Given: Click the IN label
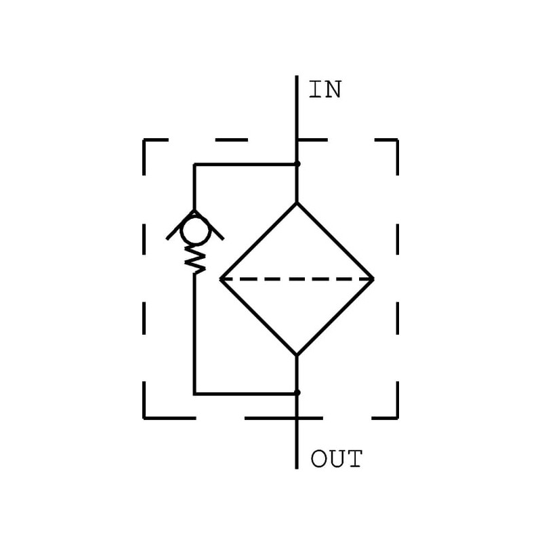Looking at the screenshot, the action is click(325, 89).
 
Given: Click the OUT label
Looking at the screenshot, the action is click(336, 459).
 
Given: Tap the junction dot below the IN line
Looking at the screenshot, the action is click(297, 164).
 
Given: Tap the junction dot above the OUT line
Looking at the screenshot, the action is click(297, 393).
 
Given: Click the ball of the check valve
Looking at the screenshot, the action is click(195, 230).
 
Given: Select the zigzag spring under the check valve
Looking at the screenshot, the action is click(195, 260).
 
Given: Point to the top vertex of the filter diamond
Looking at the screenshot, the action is click(297, 203).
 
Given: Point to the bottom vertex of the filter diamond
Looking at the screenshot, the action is click(297, 355).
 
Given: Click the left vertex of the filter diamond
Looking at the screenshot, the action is click(221, 279).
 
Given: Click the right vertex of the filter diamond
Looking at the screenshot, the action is click(373, 279).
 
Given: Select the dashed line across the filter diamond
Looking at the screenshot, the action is click(297, 279).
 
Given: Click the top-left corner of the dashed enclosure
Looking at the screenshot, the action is click(144, 140).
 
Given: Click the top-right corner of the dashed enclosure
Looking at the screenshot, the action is click(398, 140).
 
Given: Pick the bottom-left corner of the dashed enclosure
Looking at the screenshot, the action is click(144, 418).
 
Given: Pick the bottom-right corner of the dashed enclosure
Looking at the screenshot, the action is click(398, 418).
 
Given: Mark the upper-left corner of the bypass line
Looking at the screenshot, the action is click(194, 164).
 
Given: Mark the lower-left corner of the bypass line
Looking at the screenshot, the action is click(194, 394).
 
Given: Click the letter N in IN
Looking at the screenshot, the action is click(332, 89).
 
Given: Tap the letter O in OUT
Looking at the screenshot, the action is click(318, 459).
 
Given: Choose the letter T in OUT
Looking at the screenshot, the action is click(354, 459).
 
